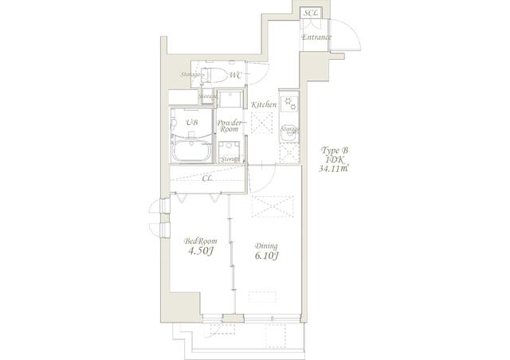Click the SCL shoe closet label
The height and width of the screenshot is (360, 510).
point(311,14)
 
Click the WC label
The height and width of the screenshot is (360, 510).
point(236,76)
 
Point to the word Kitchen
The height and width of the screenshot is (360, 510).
point(264,104)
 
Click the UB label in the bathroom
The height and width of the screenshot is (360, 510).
point(191,123)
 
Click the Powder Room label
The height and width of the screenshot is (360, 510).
point(229,127)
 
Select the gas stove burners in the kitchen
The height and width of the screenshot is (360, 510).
point(289,104)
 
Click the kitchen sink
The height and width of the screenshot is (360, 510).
point(288,147)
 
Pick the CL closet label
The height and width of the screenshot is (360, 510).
point(207,178)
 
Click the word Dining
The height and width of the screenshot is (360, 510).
point(265,245)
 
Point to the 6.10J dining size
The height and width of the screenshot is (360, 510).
point(266,256)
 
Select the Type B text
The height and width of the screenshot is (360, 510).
point(333,150)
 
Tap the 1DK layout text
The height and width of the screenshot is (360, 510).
point(333,159)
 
